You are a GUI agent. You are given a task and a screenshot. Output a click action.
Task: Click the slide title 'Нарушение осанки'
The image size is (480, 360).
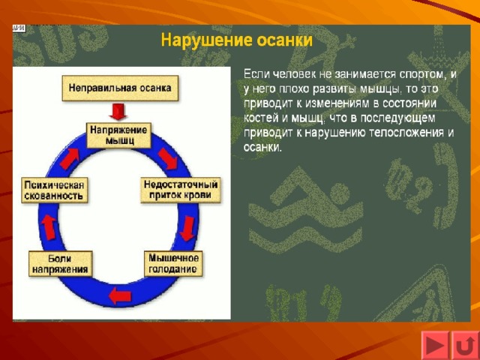(237, 40)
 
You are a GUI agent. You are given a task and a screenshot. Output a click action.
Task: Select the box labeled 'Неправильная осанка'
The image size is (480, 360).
(120, 88)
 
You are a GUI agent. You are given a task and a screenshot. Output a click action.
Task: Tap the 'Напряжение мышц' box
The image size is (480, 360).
(118, 135)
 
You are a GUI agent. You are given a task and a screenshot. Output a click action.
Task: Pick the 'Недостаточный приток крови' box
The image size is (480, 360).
(181, 190)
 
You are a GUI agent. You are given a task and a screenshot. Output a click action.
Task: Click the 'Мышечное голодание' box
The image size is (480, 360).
(173, 263)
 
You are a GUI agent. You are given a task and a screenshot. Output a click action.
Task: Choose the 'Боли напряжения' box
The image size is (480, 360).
(60, 264)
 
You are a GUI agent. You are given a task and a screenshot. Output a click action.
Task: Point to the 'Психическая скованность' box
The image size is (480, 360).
(55, 190)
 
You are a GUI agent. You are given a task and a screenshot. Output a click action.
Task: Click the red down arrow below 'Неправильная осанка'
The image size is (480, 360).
(118, 112)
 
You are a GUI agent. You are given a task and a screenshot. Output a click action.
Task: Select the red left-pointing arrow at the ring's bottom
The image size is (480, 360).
(120, 295)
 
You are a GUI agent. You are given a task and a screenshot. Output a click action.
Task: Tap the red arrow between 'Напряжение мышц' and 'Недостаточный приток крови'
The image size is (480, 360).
(168, 158)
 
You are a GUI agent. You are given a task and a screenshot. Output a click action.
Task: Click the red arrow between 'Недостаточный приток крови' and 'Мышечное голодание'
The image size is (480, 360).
(187, 228)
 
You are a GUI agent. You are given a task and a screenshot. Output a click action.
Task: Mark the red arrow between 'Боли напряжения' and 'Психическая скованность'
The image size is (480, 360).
(49, 227)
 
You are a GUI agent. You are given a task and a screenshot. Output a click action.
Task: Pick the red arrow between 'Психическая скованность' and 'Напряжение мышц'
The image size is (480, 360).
(70, 158)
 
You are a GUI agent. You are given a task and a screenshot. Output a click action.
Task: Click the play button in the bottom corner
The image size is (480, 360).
(435, 345)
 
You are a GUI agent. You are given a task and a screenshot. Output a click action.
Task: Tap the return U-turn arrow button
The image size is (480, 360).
(465, 346)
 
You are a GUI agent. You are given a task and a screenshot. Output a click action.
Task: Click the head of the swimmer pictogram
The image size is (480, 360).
(340, 193)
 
